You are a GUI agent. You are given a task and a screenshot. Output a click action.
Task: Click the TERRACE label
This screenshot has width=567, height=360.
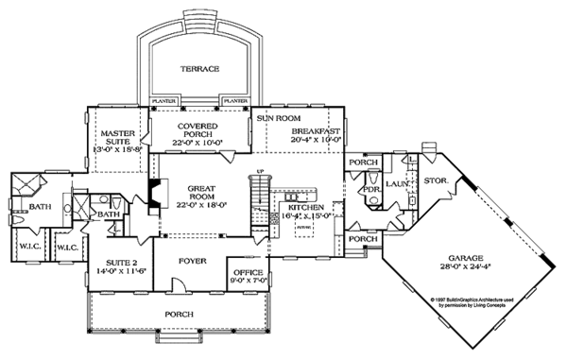200,69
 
